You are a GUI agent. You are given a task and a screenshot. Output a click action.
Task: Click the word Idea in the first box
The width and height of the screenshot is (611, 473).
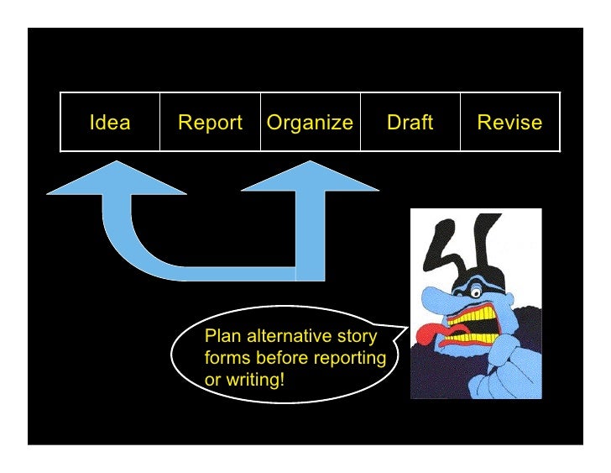pyautogui.click(x=110, y=123)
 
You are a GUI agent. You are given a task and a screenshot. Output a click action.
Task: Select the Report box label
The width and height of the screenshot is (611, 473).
pyautogui.click(x=210, y=123)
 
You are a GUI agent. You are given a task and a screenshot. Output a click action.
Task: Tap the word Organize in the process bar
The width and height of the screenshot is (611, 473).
pyautogui.click(x=310, y=123)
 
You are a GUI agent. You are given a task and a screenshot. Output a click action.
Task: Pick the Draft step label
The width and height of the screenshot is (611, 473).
pyautogui.click(x=410, y=123)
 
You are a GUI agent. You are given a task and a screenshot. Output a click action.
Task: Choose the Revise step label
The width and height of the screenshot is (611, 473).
pyautogui.click(x=509, y=123)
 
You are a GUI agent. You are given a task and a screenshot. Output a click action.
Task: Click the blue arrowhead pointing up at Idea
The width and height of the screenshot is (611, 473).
pyautogui.click(x=116, y=179)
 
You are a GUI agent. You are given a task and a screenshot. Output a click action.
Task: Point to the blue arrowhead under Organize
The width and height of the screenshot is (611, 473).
pyautogui.click(x=310, y=179)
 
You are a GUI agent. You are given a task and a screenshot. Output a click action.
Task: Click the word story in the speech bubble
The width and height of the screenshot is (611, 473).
pyautogui.click(x=357, y=337)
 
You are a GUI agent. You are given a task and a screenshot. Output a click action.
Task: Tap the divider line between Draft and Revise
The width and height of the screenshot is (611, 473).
pyautogui.click(x=460, y=123)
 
